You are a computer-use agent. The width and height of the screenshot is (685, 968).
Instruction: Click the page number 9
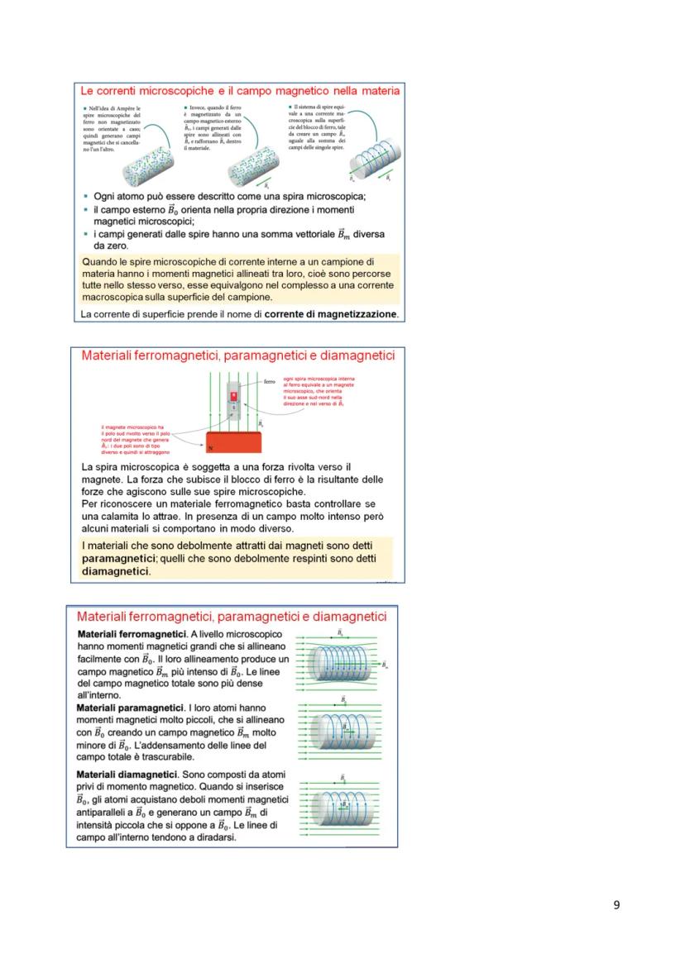[x=616, y=904]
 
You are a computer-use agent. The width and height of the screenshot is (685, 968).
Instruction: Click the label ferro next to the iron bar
[x=269, y=382]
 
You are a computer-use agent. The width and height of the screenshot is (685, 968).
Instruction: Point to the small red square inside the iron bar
[x=233, y=396]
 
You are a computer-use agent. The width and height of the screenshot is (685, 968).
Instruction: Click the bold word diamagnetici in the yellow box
[x=115, y=571]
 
